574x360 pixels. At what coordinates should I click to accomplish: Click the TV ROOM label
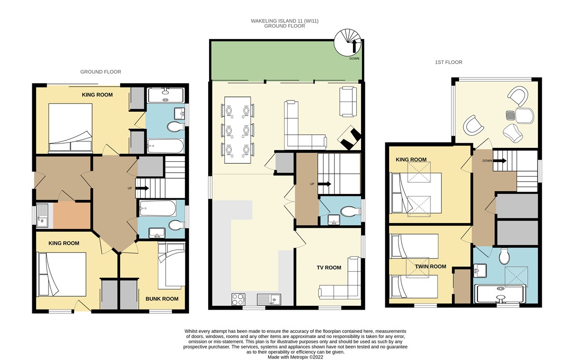(329, 268)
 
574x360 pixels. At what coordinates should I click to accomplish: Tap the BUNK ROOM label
(162, 299)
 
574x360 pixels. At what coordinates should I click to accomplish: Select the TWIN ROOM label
(430, 267)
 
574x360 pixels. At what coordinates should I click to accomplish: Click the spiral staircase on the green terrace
(348, 42)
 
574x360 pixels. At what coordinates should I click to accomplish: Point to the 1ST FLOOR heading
(449, 62)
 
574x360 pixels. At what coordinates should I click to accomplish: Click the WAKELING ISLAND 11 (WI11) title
(285, 21)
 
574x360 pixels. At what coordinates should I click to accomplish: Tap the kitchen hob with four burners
(238, 299)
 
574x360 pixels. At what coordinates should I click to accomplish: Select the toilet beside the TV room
(350, 212)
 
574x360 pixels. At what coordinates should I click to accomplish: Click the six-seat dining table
(238, 130)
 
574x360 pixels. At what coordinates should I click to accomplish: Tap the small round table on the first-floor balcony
(510, 115)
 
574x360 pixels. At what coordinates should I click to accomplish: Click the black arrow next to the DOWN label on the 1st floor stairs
(500, 161)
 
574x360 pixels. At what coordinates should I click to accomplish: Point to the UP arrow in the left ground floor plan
(142, 188)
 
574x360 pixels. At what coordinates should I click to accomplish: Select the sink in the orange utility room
(42, 215)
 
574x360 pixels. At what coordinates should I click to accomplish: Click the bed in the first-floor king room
(416, 193)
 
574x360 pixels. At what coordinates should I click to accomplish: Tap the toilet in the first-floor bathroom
(505, 256)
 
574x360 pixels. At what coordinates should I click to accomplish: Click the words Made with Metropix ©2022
(295, 357)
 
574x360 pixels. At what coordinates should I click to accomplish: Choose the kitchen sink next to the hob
(269, 299)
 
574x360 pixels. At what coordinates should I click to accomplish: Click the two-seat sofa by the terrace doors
(348, 102)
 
